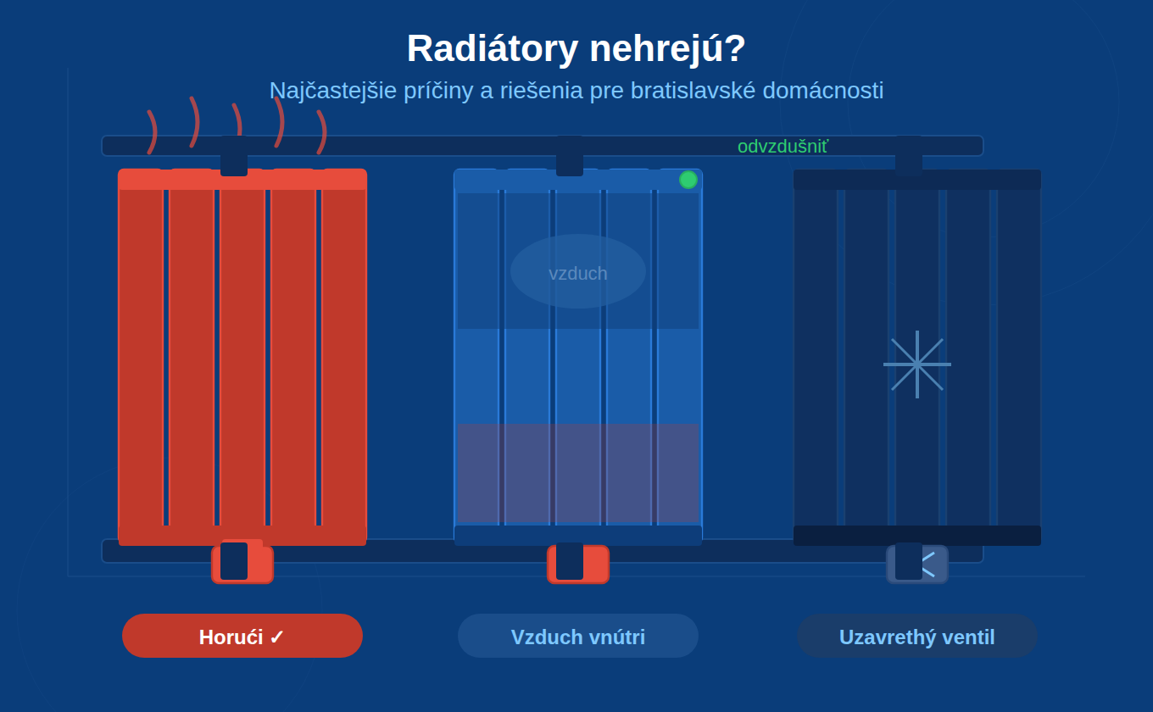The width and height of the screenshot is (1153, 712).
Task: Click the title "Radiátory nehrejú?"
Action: click(576, 48)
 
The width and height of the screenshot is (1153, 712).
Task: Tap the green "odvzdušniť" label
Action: click(782, 147)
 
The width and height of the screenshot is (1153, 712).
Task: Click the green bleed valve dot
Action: click(688, 180)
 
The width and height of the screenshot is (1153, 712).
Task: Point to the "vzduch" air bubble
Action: click(578, 271)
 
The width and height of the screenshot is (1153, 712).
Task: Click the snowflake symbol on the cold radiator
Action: click(917, 364)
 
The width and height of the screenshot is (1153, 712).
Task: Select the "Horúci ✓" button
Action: click(242, 636)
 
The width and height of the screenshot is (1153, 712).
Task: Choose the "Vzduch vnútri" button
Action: click(578, 636)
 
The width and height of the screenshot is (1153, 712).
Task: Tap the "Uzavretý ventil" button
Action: click(917, 636)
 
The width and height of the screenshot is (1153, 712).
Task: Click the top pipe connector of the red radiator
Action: click(234, 156)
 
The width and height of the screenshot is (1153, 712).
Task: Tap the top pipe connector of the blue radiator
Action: click(570, 156)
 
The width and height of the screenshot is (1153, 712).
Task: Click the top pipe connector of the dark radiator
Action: click(909, 156)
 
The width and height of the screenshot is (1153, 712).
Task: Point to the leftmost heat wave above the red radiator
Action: click(152, 132)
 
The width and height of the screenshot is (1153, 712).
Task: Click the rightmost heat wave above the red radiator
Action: click(322, 132)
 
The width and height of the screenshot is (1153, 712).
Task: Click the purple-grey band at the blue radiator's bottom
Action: click(578, 473)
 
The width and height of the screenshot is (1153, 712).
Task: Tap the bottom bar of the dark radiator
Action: click(917, 535)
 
